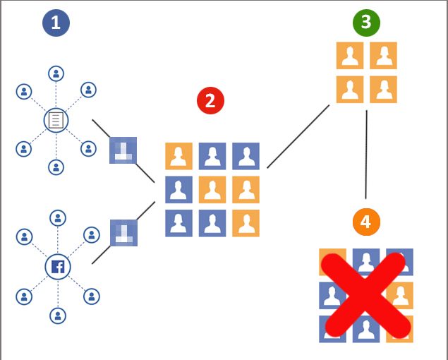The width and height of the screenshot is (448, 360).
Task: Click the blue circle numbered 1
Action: [x=56, y=23]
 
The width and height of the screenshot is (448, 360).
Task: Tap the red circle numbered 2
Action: [x=210, y=101]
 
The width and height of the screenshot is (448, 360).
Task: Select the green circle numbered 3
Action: [x=367, y=23]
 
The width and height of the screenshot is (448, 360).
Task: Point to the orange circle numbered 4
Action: [x=367, y=222]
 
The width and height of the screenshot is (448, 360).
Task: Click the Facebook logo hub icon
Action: [x=58, y=267]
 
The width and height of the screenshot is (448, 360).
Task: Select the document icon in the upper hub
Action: [x=56, y=121]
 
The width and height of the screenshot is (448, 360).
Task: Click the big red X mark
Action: [x=366, y=295]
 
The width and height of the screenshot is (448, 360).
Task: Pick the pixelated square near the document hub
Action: [x=123, y=150]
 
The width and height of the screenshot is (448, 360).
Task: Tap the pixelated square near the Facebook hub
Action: [x=123, y=233]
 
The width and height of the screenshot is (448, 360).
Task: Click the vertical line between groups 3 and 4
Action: [x=366, y=155]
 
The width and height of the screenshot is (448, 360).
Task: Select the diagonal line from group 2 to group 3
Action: [x=298, y=136]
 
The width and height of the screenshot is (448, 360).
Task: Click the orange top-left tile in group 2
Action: [x=179, y=156]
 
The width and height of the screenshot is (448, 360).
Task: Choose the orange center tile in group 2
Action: [x=212, y=190]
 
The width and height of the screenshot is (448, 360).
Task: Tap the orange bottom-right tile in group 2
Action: [x=246, y=223]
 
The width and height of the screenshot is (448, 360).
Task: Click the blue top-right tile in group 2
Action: [x=246, y=156]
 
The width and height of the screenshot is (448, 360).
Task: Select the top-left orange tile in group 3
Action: [x=350, y=56]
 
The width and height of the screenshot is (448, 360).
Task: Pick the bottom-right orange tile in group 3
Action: [x=383, y=89]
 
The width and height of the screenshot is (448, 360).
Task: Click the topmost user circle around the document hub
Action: [x=56, y=74]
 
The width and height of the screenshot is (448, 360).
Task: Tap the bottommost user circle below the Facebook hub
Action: [x=58, y=316]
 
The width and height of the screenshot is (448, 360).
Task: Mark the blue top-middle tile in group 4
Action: [x=366, y=262]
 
